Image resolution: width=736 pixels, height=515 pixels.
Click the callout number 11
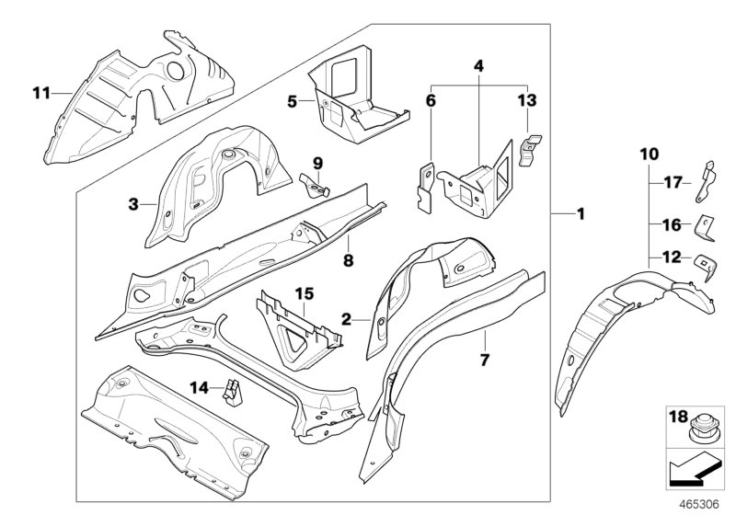[38, 92]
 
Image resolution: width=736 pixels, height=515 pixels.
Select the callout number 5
[293, 101]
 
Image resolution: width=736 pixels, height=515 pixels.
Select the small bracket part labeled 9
[315, 185]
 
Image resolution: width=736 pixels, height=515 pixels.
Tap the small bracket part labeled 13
[530, 150]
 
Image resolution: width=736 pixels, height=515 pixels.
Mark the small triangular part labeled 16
[701, 223]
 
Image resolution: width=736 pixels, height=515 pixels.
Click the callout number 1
[581, 213]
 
